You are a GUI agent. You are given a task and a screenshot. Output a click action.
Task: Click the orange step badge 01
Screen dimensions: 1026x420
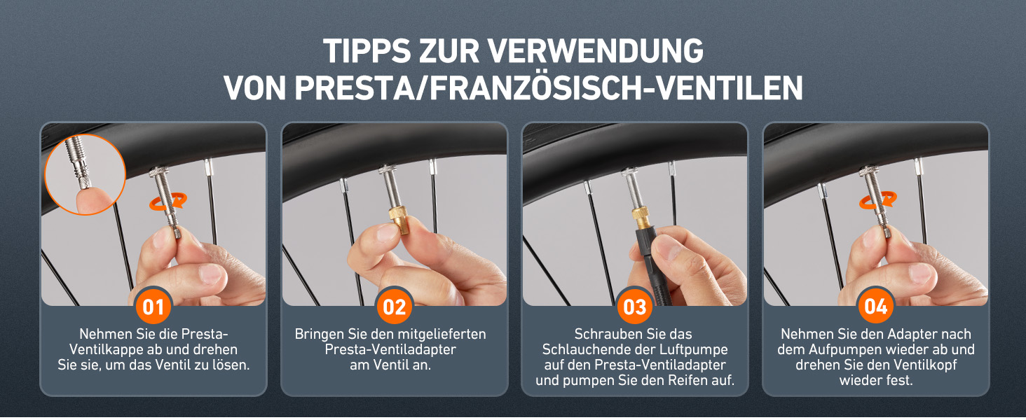(153, 307)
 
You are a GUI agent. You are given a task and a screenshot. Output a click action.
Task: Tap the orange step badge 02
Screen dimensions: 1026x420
(395, 307)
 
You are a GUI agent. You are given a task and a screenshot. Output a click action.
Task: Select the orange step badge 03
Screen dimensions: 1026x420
(635, 307)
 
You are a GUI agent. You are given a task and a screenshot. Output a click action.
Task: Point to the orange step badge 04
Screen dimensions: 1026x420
(876, 306)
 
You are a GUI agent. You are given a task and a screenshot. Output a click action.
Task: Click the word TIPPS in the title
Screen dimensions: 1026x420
(367, 51)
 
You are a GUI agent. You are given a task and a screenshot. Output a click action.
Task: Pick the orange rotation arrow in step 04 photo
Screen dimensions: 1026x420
(877, 200)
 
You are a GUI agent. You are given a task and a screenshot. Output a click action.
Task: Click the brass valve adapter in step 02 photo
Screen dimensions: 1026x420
(399, 220)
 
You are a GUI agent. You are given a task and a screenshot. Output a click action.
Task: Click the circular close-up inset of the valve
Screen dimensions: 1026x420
(85, 174)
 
